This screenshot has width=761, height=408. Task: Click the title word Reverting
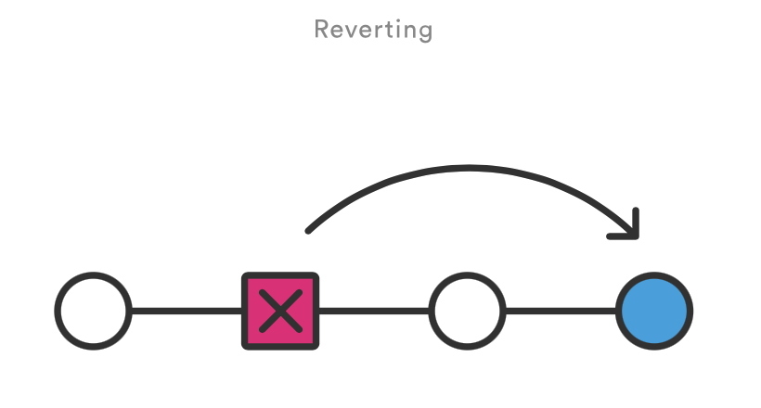[373, 30]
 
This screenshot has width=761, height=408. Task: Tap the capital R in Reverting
[322, 29]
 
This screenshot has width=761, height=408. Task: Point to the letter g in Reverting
[424, 32]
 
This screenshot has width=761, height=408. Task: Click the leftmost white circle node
[93, 311]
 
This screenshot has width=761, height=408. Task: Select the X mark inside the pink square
[280, 311]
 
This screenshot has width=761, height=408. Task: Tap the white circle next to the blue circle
[467, 311]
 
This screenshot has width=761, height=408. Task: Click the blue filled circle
[654, 311]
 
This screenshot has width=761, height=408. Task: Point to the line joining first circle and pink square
[187, 311]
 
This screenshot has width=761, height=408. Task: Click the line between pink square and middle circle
[374, 311]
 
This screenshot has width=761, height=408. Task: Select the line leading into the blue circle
[561, 311]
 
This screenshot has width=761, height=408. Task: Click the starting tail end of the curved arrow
[308, 231]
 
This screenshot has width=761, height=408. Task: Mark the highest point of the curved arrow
[468, 168]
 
